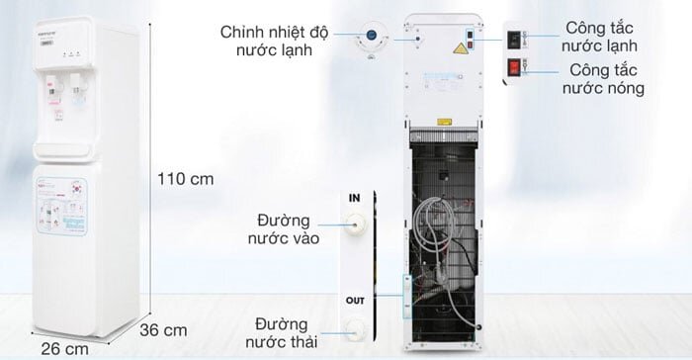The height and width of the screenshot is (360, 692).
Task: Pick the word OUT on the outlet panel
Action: tap(355, 301)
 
